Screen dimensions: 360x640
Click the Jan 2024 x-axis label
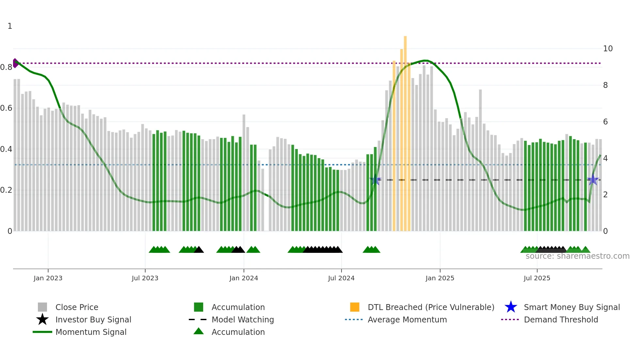(x=244, y=278)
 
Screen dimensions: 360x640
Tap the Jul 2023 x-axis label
(x=145, y=278)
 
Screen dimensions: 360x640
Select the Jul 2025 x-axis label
(x=537, y=278)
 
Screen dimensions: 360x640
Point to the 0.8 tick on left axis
(x=6, y=67)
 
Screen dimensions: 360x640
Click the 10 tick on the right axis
(x=608, y=49)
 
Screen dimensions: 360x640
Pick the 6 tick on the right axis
(x=605, y=122)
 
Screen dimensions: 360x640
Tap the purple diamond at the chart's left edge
(x=15, y=63)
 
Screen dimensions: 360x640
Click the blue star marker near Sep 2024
(x=375, y=180)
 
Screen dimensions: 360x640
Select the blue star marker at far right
(x=593, y=180)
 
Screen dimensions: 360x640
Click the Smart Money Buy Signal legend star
(x=511, y=307)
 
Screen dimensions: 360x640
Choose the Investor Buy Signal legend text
(x=93, y=319)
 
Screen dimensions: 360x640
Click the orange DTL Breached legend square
(x=355, y=307)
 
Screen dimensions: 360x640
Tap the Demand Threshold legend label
(x=561, y=319)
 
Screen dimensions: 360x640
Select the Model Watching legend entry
(x=243, y=319)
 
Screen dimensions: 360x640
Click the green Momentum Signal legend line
(x=42, y=332)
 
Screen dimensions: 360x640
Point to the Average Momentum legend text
(x=407, y=319)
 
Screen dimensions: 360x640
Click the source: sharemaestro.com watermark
(x=577, y=256)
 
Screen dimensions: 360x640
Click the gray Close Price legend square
(x=42, y=307)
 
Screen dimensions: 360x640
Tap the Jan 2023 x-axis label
(x=48, y=278)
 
